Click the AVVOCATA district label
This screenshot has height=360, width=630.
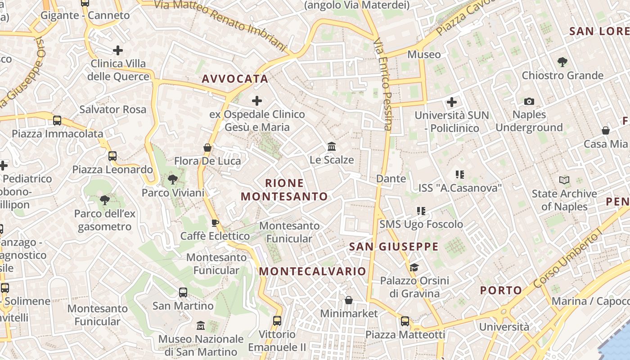point(235,79)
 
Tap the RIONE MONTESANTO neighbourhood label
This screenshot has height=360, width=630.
point(284,190)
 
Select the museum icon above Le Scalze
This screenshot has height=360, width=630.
point(332,147)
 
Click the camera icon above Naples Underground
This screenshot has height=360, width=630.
point(529,101)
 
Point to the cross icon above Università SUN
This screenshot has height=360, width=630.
point(452,102)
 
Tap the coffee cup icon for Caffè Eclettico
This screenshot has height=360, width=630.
point(215,223)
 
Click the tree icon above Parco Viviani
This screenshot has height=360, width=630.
point(172,180)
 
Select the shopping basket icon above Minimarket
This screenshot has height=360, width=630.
point(349,300)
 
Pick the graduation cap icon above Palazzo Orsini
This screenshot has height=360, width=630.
point(414,268)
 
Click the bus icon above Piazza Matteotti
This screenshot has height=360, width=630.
point(405,321)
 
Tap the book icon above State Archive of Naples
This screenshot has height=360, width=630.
point(564,180)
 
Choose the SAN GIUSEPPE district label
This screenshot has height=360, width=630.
point(394,247)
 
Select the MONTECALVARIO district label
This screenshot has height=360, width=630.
point(313,271)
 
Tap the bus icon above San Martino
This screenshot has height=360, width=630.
point(183,292)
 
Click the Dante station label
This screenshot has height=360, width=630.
point(391,179)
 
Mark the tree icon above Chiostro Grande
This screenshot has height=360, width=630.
point(562,62)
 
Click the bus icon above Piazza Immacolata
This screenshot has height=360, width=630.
point(57,121)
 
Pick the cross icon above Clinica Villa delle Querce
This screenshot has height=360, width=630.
point(118,50)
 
